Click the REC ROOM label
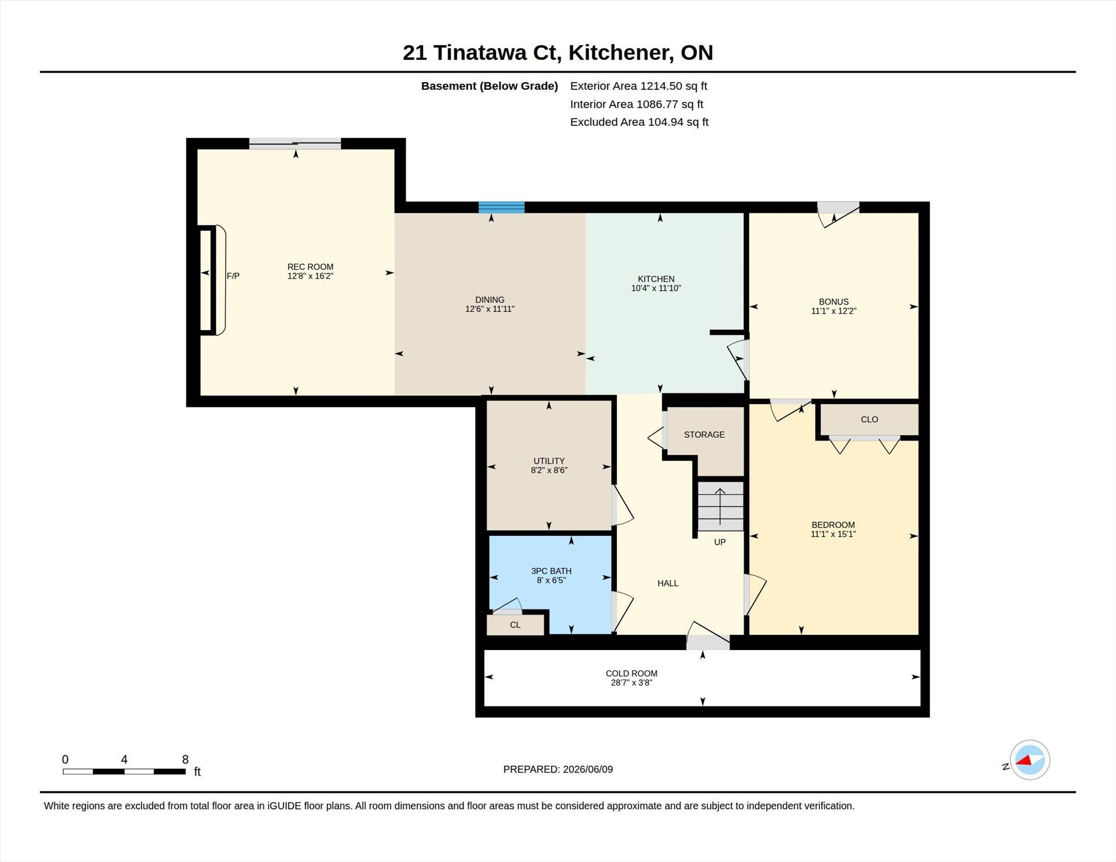[310, 267]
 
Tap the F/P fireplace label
[233, 276]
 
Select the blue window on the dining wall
[501, 207]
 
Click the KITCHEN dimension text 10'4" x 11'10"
[656, 288]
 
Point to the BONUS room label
[834, 302]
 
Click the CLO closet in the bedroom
[869, 419]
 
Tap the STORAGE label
[704, 435]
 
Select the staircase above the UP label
[720, 506]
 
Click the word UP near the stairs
[720, 542]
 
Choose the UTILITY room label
[549, 461]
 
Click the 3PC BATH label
[551, 571]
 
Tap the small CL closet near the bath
[515, 625]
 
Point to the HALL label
[668, 583]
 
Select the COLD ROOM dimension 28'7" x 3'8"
[632, 683]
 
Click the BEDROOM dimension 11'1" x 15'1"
[833, 534]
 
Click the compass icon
[1029, 760]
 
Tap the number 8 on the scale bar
[185, 760]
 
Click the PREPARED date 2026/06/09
[588, 769]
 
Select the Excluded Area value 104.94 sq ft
[678, 122]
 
